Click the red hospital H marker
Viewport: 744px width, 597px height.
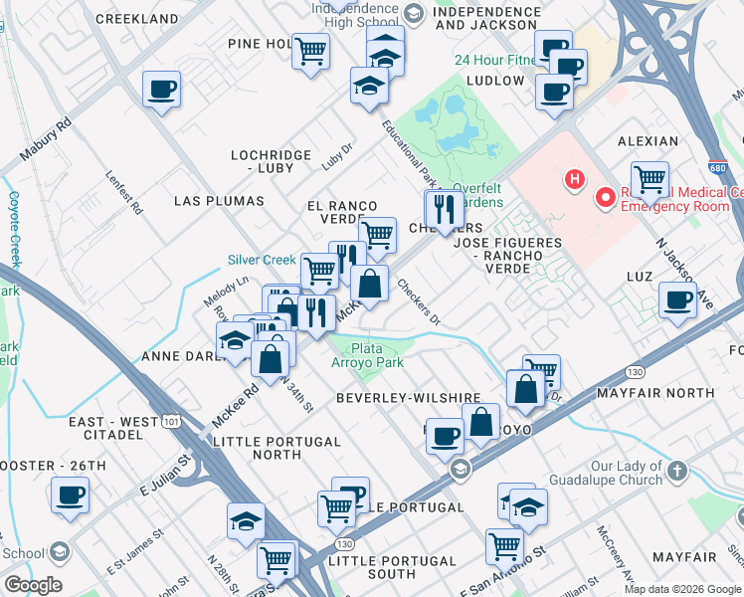(574, 180)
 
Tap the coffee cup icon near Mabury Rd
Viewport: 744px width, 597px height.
(161, 91)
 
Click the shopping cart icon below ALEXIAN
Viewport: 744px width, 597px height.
(650, 180)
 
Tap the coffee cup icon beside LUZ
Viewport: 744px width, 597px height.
(678, 299)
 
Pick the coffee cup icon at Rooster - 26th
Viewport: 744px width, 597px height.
(71, 495)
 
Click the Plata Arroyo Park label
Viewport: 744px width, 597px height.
(367, 355)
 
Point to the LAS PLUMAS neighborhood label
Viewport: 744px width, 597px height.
(219, 201)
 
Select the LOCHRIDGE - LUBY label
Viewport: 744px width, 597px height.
(263, 162)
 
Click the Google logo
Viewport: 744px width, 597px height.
(33, 585)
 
